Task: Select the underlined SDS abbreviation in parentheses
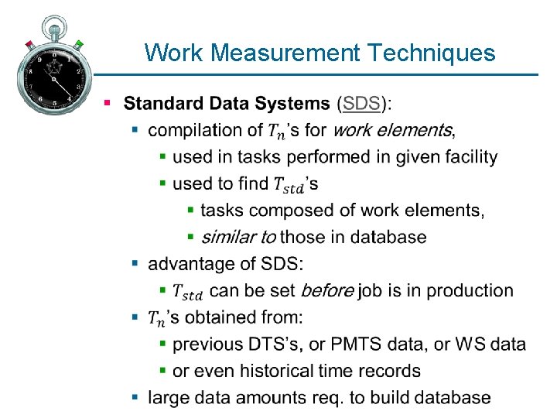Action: (362, 103)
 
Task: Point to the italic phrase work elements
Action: (392, 130)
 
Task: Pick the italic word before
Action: (327, 290)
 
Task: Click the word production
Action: (470, 290)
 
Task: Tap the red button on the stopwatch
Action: (29, 44)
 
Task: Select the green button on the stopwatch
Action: (79, 45)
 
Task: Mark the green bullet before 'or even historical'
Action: (163, 371)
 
